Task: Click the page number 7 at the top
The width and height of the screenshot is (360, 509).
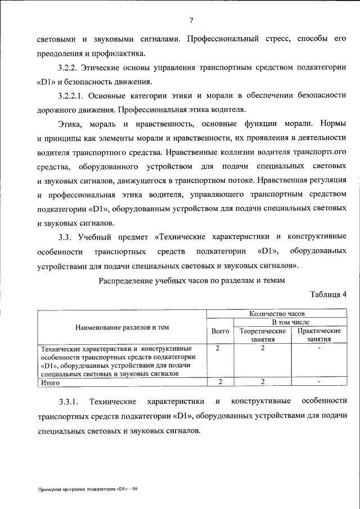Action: (x=191, y=21)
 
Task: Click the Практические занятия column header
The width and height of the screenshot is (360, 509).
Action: (x=318, y=335)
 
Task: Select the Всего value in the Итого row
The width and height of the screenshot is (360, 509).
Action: (x=220, y=382)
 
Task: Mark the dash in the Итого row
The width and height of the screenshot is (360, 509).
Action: (x=318, y=382)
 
